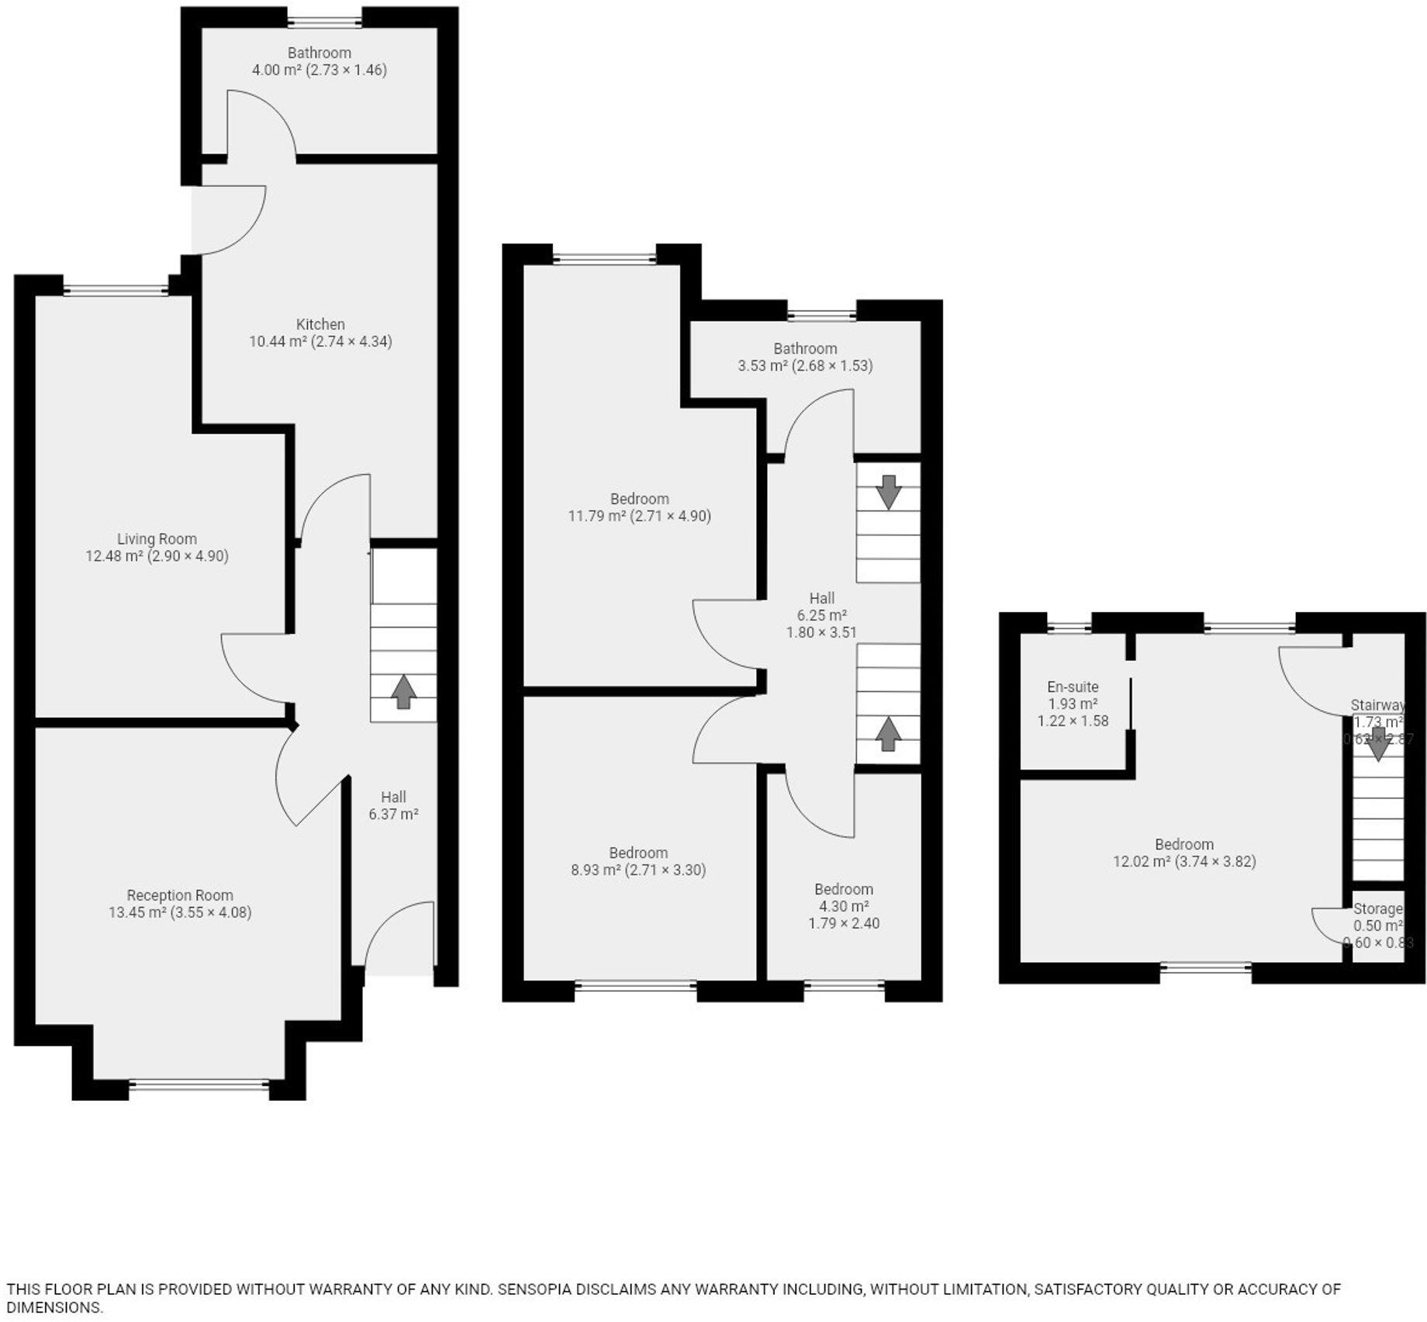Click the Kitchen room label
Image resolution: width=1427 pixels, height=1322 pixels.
(x=320, y=324)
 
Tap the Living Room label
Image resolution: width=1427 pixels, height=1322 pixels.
(x=157, y=538)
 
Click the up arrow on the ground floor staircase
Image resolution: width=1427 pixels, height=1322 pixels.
(x=403, y=691)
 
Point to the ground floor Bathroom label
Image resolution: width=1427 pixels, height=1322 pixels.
(x=319, y=53)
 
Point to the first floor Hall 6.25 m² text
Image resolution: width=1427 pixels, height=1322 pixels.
(x=821, y=614)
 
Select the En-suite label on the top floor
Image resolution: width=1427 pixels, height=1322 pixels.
(x=1073, y=687)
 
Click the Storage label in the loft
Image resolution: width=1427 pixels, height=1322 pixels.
(x=1378, y=908)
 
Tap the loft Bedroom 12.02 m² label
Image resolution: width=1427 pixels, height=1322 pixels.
(x=1184, y=853)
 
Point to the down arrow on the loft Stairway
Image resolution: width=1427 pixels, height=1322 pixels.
(x=1378, y=744)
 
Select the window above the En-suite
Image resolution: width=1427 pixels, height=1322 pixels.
(x=1069, y=626)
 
